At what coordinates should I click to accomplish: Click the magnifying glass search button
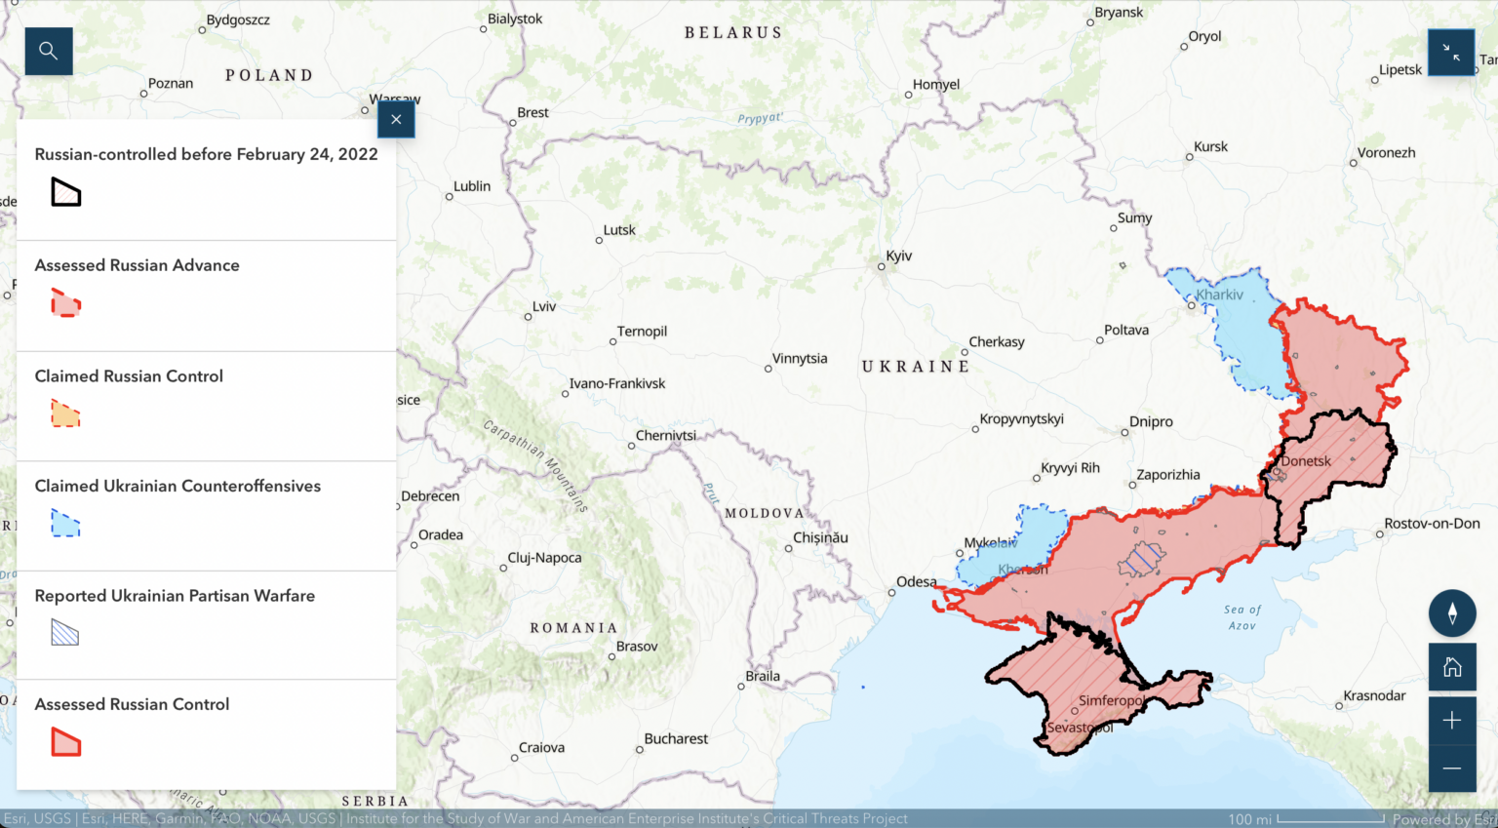click(49, 51)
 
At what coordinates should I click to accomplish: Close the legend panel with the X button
click(396, 120)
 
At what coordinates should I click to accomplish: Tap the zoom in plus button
click(1451, 720)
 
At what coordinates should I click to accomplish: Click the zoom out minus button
click(1451, 768)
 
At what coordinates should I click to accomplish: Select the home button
click(1451, 667)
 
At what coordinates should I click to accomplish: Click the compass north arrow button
click(1451, 613)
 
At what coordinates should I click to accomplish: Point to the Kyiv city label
click(898, 256)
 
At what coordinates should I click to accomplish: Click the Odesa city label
click(916, 582)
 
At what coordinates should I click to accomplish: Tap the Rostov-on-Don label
click(1431, 524)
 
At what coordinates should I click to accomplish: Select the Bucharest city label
click(676, 739)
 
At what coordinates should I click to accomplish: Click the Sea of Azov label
click(1242, 617)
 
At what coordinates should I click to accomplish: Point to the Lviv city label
click(543, 306)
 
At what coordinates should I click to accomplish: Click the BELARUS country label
click(733, 33)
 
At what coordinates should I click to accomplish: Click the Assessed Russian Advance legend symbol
click(65, 303)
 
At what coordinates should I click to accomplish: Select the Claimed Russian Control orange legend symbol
click(65, 414)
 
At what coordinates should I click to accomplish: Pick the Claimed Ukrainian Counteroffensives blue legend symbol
click(65, 524)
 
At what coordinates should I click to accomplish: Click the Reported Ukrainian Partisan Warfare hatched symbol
click(65, 634)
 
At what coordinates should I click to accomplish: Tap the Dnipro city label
click(1151, 422)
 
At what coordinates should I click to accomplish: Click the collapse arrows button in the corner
click(1450, 53)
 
